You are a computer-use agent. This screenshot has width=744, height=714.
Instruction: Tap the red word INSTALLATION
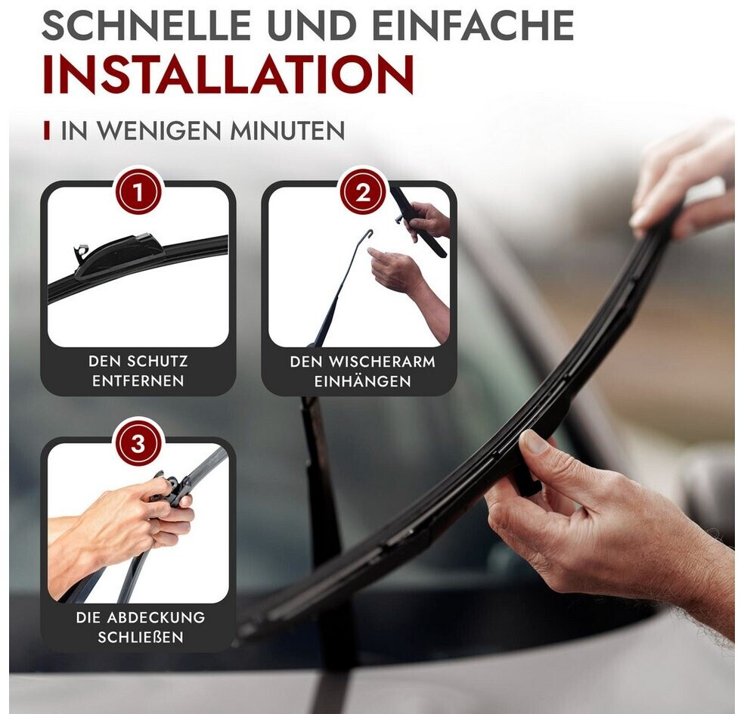pyautogui.click(x=228, y=76)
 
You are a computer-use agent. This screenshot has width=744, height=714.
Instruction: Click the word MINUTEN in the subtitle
pyautogui.click(x=287, y=131)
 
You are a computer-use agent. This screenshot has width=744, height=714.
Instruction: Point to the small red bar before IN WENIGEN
pyautogui.click(x=47, y=131)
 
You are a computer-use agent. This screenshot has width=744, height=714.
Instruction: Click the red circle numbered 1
pyautogui.click(x=138, y=193)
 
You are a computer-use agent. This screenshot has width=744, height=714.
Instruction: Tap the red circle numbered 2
pyautogui.click(x=362, y=193)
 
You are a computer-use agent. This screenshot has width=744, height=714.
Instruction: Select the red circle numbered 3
pyautogui.click(x=138, y=444)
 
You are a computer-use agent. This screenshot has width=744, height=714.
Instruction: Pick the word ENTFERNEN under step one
pyautogui.click(x=138, y=380)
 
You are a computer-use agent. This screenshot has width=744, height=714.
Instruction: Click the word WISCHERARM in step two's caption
pyautogui.click(x=382, y=362)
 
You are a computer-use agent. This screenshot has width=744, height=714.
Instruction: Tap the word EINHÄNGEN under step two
pyautogui.click(x=362, y=380)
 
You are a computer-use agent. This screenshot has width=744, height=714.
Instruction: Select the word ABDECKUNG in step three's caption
pyautogui.click(x=156, y=618)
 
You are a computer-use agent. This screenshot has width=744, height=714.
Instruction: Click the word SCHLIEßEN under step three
pyautogui.click(x=141, y=637)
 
